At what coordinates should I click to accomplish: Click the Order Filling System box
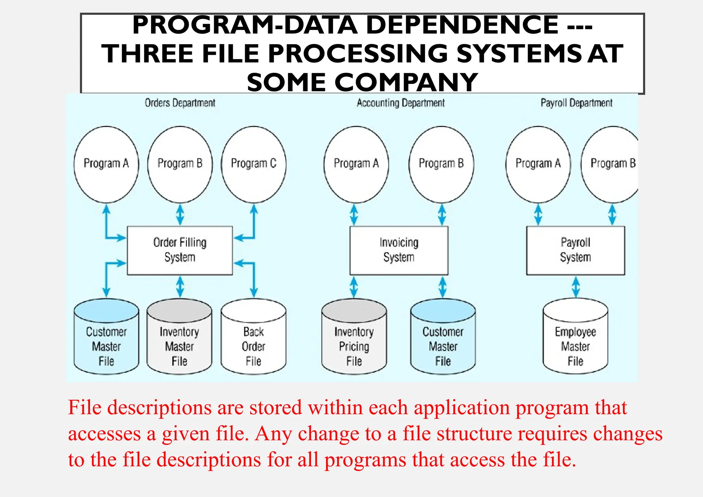[x=180, y=250]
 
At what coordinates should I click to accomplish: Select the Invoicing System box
[x=399, y=250]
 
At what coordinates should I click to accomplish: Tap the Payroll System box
[x=575, y=250]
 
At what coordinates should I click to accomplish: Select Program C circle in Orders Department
[x=254, y=164]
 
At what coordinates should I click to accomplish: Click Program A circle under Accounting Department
[x=356, y=164]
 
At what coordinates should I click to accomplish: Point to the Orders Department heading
[x=180, y=103]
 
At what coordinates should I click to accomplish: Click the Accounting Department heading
[x=401, y=103]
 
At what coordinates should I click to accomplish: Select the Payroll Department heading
[x=576, y=103]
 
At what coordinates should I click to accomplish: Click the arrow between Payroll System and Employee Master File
[x=576, y=287]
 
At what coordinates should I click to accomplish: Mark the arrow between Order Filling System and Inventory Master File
[x=180, y=287]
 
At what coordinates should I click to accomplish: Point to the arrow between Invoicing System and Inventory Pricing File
[x=354, y=287]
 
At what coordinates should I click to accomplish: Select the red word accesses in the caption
[x=104, y=434]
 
